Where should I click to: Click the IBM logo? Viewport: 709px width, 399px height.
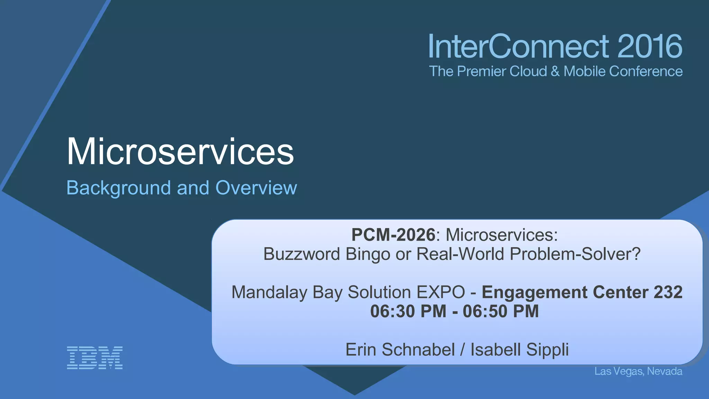pos(95,357)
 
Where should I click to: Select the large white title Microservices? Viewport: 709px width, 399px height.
pos(180,152)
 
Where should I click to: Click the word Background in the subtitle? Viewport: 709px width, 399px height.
pos(118,188)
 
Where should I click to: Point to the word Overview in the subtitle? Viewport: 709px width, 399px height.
pos(256,188)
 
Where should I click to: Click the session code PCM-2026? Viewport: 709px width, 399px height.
pos(393,235)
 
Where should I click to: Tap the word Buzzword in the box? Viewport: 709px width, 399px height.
pos(302,254)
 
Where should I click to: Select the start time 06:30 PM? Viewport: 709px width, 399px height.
pos(408,311)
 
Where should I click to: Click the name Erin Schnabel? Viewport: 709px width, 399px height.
pos(400,349)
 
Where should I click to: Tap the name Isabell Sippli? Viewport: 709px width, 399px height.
pos(519,349)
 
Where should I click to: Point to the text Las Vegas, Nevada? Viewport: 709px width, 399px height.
pos(638,371)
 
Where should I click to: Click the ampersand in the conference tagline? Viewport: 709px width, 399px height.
pos(555,71)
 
